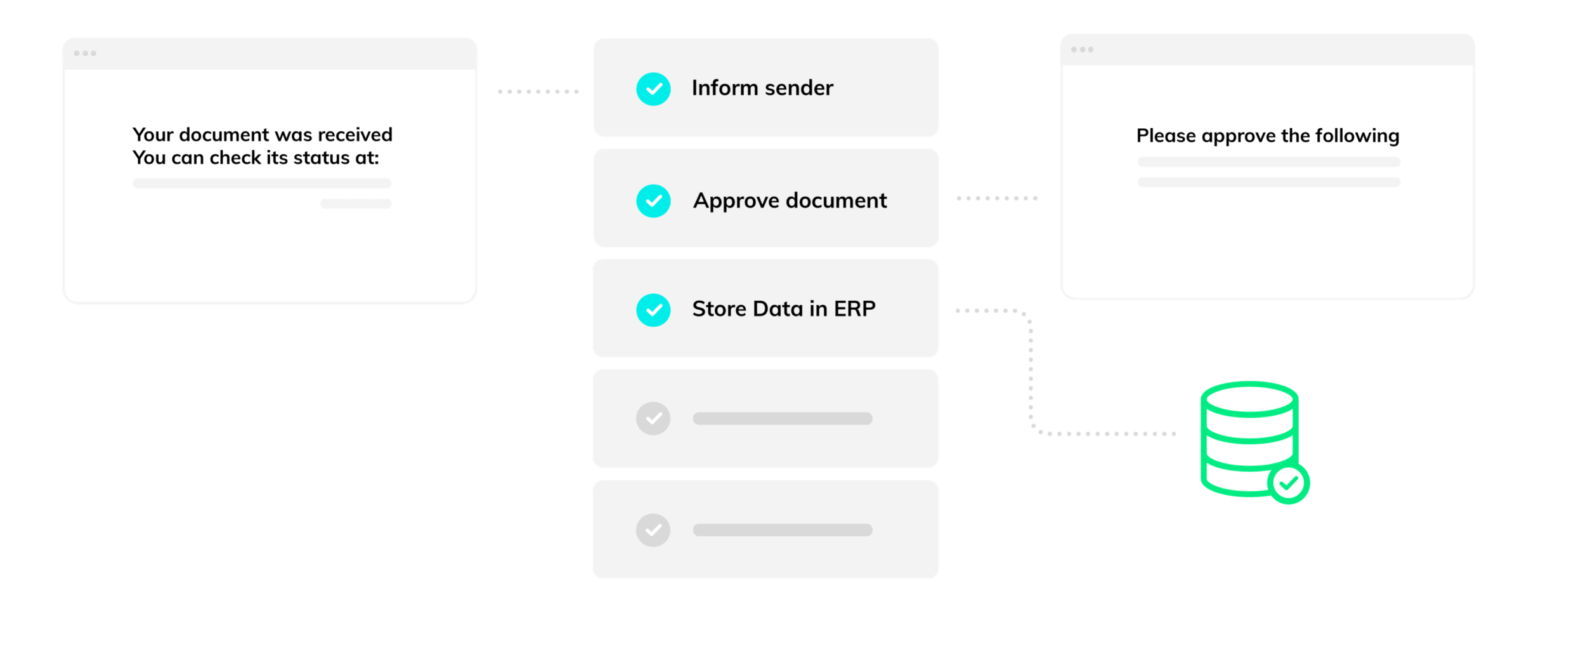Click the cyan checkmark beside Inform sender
(x=653, y=89)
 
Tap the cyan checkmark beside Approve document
(x=653, y=201)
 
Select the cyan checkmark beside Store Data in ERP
(x=653, y=310)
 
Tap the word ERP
(x=854, y=308)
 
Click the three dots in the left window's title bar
(x=85, y=53)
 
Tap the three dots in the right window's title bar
(x=1082, y=50)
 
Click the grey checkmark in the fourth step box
(x=653, y=418)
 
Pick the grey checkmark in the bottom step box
(x=653, y=530)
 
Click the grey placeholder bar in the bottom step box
(x=783, y=530)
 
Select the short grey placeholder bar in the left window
(x=356, y=204)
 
